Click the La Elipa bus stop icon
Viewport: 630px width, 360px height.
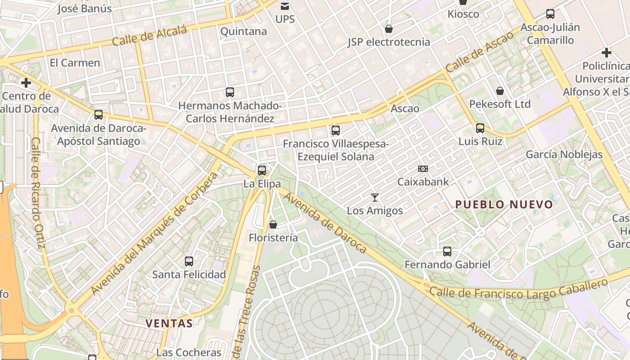pyautogui.click(x=262, y=171)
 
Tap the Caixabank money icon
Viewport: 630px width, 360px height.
pyautogui.click(x=423, y=169)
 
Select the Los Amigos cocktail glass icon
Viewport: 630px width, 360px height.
pyautogui.click(x=374, y=197)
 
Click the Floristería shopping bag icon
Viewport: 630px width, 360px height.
pyautogui.click(x=273, y=224)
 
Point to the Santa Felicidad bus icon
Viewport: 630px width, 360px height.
pyautogui.click(x=189, y=261)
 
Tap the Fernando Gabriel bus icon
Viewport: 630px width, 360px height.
pyautogui.click(x=447, y=252)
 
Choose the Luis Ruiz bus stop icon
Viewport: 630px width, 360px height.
pyautogui.click(x=480, y=128)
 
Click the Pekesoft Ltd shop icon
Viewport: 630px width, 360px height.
pyautogui.click(x=499, y=91)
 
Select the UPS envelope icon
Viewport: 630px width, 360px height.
pyautogui.click(x=285, y=6)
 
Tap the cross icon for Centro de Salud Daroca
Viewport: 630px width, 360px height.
pyautogui.click(x=26, y=83)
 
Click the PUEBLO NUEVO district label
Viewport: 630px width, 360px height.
pyautogui.click(x=504, y=205)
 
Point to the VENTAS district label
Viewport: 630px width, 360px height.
pyautogui.click(x=169, y=323)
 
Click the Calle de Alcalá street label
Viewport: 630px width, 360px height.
pyautogui.click(x=149, y=36)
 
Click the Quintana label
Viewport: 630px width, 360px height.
pyautogui.click(x=243, y=31)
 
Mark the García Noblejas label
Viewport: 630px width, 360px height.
pyautogui.click(x=564, y=155)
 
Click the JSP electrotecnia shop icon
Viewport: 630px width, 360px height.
pyautogui.click(x=389, y=29)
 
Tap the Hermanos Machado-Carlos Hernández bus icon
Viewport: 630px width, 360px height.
pyautogui.click(x=230, y=92)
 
